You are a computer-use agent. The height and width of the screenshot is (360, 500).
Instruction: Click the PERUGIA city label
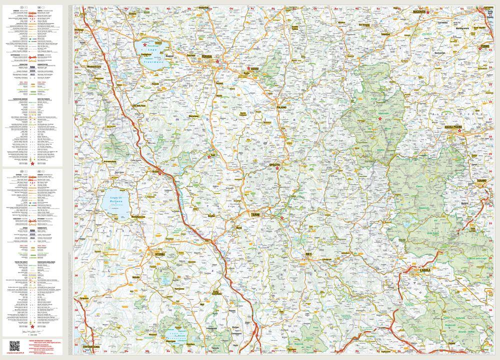pos(206,57)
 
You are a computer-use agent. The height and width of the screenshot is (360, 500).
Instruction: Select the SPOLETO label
pos(273,164)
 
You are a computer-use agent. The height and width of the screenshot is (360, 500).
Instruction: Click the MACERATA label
pos(415,11)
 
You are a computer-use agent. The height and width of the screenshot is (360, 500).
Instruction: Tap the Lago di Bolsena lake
pos(115,202)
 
